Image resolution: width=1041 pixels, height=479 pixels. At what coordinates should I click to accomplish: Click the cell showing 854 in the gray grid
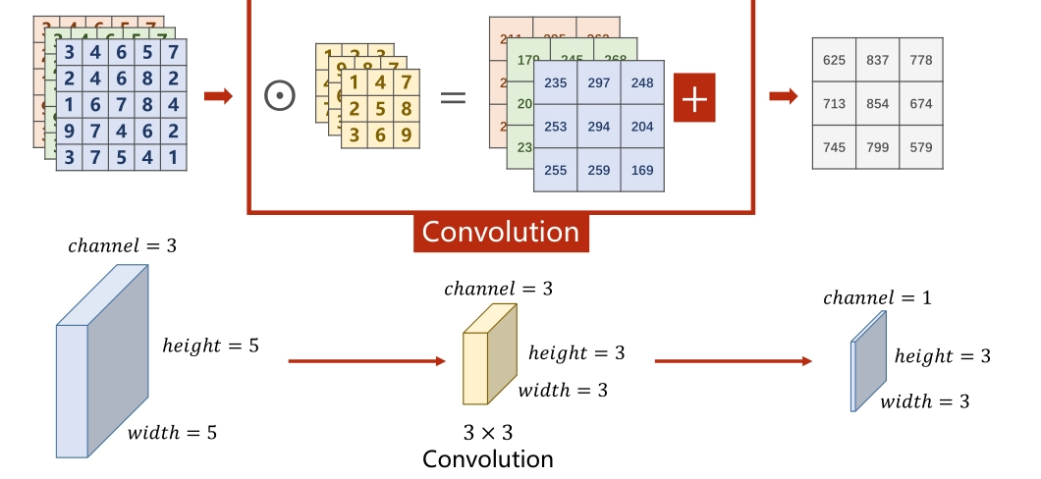(x=878, y=104)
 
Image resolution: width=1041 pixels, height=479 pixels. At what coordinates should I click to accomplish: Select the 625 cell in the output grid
(x=834, y=61)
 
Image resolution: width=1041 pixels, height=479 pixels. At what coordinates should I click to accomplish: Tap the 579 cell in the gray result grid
(x=921, y=147)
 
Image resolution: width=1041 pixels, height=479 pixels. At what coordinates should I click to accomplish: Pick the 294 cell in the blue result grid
(x=599, y=127)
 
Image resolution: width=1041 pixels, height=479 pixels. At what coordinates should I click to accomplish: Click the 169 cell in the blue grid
(x=643, y=170)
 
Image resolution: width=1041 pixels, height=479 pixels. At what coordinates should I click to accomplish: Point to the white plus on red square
(x=694, y=99)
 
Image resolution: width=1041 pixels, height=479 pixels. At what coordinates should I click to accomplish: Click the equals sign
(x=452, y=97)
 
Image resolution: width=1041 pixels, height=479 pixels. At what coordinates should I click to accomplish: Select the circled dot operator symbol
(x=280, y=95)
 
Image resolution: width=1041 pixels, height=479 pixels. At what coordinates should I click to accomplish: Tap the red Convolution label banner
(x=501, y=232)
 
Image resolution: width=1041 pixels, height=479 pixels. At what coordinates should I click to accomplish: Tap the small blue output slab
(x=868, y=360)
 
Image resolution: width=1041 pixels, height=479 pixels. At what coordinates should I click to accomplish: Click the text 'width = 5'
(x=172, y=432)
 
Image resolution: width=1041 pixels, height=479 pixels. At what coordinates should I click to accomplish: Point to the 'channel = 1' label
(x=877, y=297)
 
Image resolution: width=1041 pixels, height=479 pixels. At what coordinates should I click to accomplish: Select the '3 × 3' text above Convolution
(x=488, y=432)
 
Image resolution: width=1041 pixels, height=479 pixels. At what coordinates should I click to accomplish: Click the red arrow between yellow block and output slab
(x=733, y=361)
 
